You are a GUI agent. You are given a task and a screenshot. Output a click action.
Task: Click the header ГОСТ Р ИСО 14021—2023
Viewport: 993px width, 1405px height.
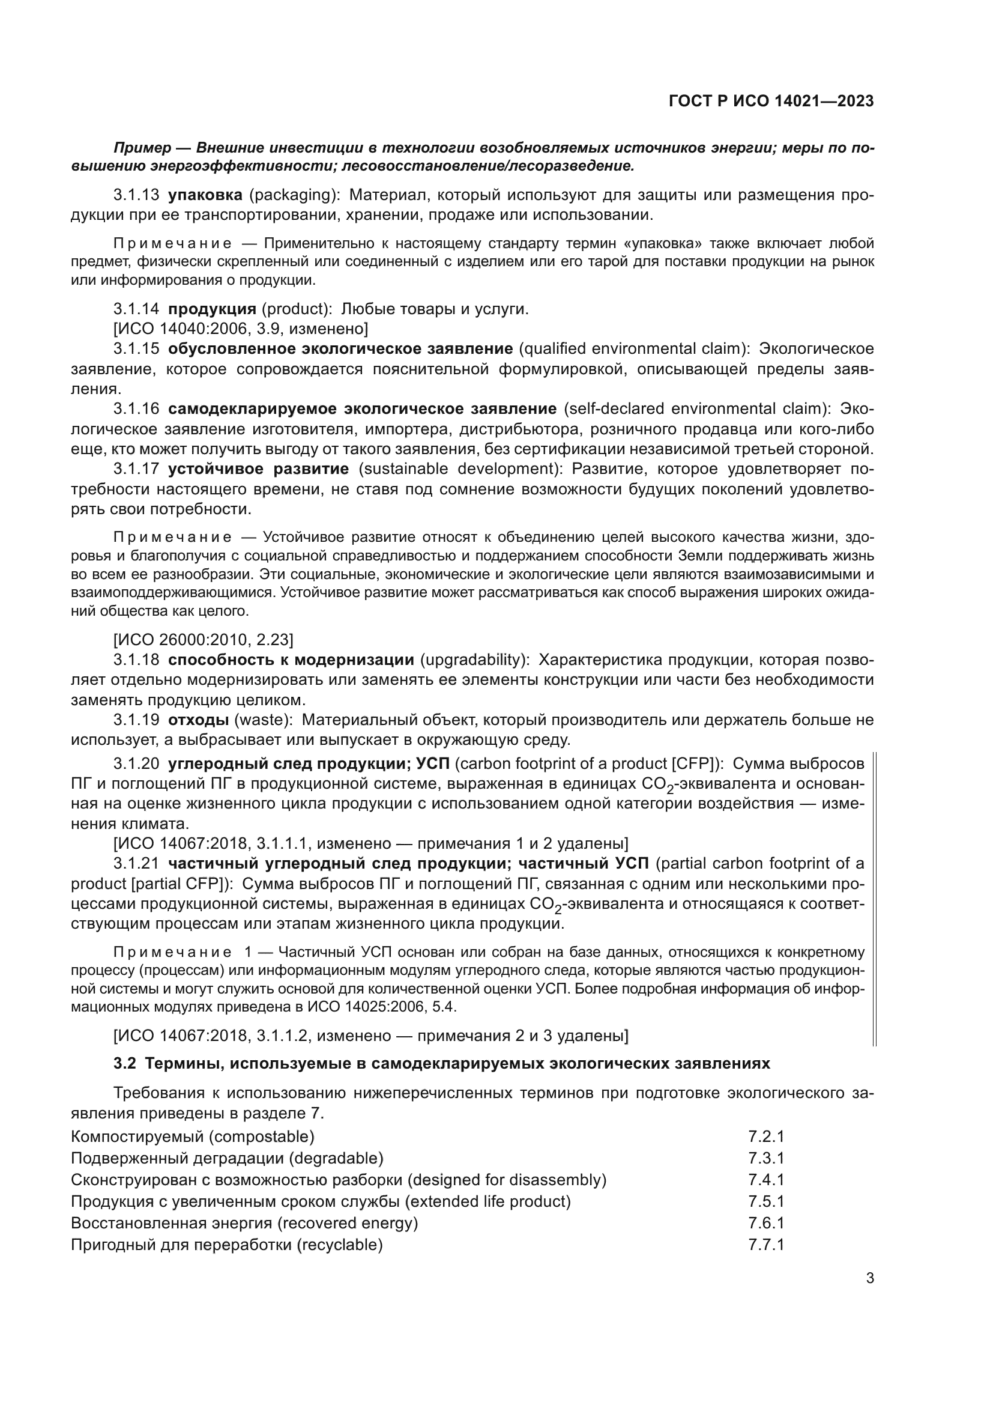(771, 102)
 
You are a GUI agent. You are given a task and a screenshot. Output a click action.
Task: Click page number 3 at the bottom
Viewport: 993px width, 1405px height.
(869, 1278)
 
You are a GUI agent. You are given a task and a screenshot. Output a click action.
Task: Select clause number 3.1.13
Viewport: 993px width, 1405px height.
(136, 195)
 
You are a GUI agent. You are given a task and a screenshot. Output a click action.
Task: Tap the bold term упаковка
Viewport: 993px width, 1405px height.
(205, 195)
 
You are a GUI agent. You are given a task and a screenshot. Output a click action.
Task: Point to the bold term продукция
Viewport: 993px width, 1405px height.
(211, 309)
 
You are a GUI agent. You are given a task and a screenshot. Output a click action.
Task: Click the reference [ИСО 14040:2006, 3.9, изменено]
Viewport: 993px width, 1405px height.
(241, 329)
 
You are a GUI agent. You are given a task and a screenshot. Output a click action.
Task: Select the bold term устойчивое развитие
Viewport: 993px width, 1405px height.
(258, 469)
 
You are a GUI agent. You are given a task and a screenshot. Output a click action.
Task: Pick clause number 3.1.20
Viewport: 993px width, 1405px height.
(136, 763)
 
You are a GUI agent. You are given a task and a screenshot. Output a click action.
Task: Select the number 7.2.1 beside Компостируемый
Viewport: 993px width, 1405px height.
(765, 1136)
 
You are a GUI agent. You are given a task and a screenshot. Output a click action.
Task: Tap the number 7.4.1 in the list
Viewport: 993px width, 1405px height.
(765, 1179)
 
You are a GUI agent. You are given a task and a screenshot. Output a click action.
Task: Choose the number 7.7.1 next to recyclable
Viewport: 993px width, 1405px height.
(765, 1244)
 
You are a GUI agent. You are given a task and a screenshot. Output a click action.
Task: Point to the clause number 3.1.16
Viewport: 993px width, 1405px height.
(136, 409)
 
